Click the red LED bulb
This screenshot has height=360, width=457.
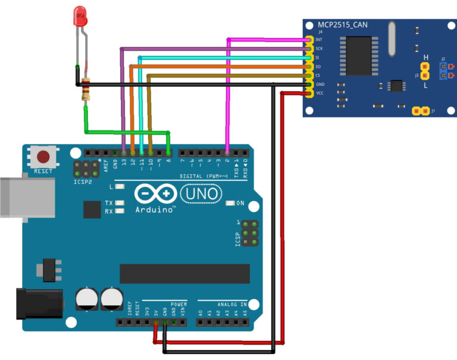(80, 15)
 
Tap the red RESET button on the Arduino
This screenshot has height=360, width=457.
(43, 157)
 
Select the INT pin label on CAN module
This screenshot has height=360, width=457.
(319, 40)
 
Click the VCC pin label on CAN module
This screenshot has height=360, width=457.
(319, 93)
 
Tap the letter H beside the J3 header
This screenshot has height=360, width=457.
(425, 58)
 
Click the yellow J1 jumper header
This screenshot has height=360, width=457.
(421, 111)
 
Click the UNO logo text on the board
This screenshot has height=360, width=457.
(199, 194)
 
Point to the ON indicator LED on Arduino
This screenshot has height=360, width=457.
(231, 203)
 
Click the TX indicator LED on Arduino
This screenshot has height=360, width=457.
(120, 203)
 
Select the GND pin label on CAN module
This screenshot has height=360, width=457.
(319, 84)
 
